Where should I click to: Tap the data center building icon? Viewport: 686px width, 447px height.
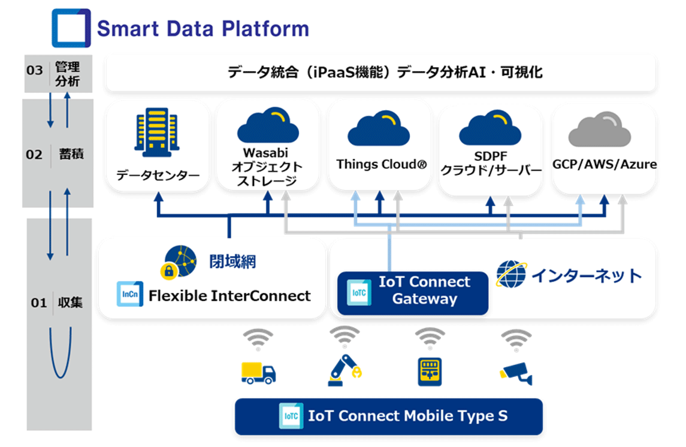tap(156, 132)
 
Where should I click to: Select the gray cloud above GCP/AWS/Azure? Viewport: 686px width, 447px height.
tap(599, 129)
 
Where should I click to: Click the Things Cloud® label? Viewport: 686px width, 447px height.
tap(381, 164)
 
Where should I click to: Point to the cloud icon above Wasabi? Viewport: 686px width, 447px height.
tap(268, 125)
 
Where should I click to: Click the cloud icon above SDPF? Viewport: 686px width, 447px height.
tap(490, 128)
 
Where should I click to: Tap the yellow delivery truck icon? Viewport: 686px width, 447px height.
tap(258, 373)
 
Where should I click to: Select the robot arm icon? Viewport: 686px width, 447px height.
tap(344, 370)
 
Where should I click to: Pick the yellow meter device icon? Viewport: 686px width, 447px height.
tap(430, 372)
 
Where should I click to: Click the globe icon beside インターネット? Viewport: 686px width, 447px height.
tap(511, 274)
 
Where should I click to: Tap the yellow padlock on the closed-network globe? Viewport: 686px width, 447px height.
tap(168, 271)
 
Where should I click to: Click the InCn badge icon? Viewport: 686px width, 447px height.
tap(130, 294)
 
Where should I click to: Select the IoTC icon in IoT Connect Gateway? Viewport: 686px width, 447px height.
tap(359, 292)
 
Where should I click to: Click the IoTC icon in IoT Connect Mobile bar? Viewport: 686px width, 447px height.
tap(291, 416)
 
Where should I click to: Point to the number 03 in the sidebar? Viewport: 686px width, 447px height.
tap(35, 70)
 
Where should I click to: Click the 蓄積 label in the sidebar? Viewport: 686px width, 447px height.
tap(71, 154)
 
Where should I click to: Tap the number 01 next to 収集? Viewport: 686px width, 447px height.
tap(38, 303)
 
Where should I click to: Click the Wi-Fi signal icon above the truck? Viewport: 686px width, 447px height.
tap(258, 339)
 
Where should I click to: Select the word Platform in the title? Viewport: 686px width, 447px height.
tap(265, 29)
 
